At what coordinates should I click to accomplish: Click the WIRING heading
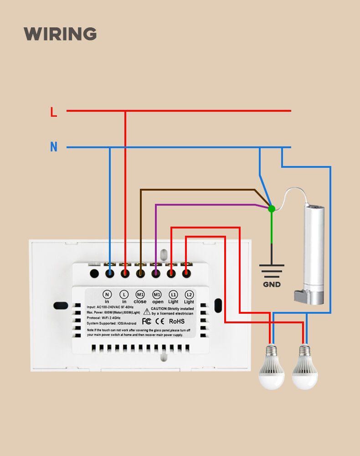(60, 34)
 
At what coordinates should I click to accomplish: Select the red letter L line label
(54, 112)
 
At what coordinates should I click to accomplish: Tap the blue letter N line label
(54, 147)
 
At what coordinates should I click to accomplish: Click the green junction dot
(272, 208)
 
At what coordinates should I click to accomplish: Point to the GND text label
(272, 285)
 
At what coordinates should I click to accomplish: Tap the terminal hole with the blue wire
(110, 274)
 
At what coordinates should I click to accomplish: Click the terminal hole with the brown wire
(140, 274)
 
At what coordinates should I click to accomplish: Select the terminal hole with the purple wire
(156, 274)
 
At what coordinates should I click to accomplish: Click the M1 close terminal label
(140, 297)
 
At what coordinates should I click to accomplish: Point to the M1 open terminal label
(158, 297)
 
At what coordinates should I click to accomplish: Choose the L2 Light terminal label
(189, 297)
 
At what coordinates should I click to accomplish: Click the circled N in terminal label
(107, 297)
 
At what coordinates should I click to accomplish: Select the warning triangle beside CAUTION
(147, 311)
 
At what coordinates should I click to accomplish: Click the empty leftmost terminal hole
(94, 274)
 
